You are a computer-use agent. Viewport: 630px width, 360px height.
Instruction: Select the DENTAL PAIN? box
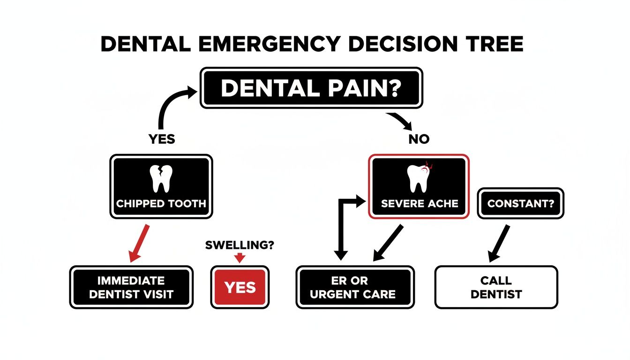312,88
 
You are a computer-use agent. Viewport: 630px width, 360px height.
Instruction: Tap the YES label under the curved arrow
162,139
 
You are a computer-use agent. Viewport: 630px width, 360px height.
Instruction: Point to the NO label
419,139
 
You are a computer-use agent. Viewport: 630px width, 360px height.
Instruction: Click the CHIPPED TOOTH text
161,204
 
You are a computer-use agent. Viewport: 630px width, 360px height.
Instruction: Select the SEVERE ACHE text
420,204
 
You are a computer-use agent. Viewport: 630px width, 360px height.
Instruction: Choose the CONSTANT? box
521,203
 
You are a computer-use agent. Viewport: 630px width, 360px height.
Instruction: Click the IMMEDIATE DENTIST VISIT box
131,287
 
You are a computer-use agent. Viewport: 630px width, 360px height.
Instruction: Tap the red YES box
240,287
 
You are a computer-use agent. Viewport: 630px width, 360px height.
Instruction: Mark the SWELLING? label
240,245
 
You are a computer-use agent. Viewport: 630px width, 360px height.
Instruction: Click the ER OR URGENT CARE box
355,287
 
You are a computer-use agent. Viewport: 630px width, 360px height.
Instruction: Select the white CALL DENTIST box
496,287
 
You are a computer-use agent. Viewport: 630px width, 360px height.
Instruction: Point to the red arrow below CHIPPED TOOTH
139,243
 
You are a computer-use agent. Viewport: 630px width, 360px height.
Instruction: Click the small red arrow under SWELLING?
240,257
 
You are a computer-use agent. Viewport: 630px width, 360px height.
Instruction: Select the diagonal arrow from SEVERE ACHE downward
389,243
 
